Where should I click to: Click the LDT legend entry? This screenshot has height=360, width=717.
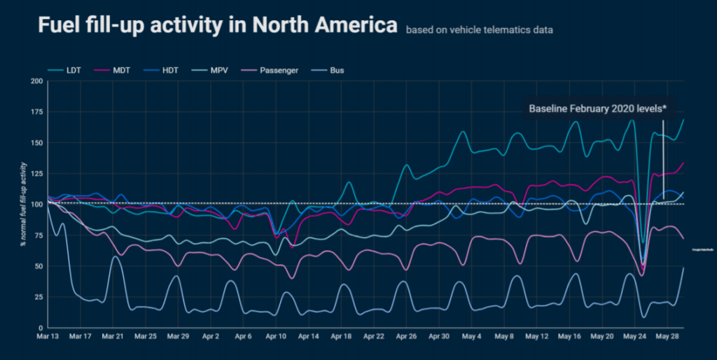[x=70, y=70]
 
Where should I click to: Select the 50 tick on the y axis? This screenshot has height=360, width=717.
[x=39, y=266]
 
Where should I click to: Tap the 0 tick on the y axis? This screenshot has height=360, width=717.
[x=41, y=328]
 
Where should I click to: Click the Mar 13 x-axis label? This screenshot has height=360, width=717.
[x=48, y=337]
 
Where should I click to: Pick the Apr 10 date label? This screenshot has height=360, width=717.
[x=277, y=337]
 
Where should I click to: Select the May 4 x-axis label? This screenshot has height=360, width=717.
[x=474, y=337]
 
